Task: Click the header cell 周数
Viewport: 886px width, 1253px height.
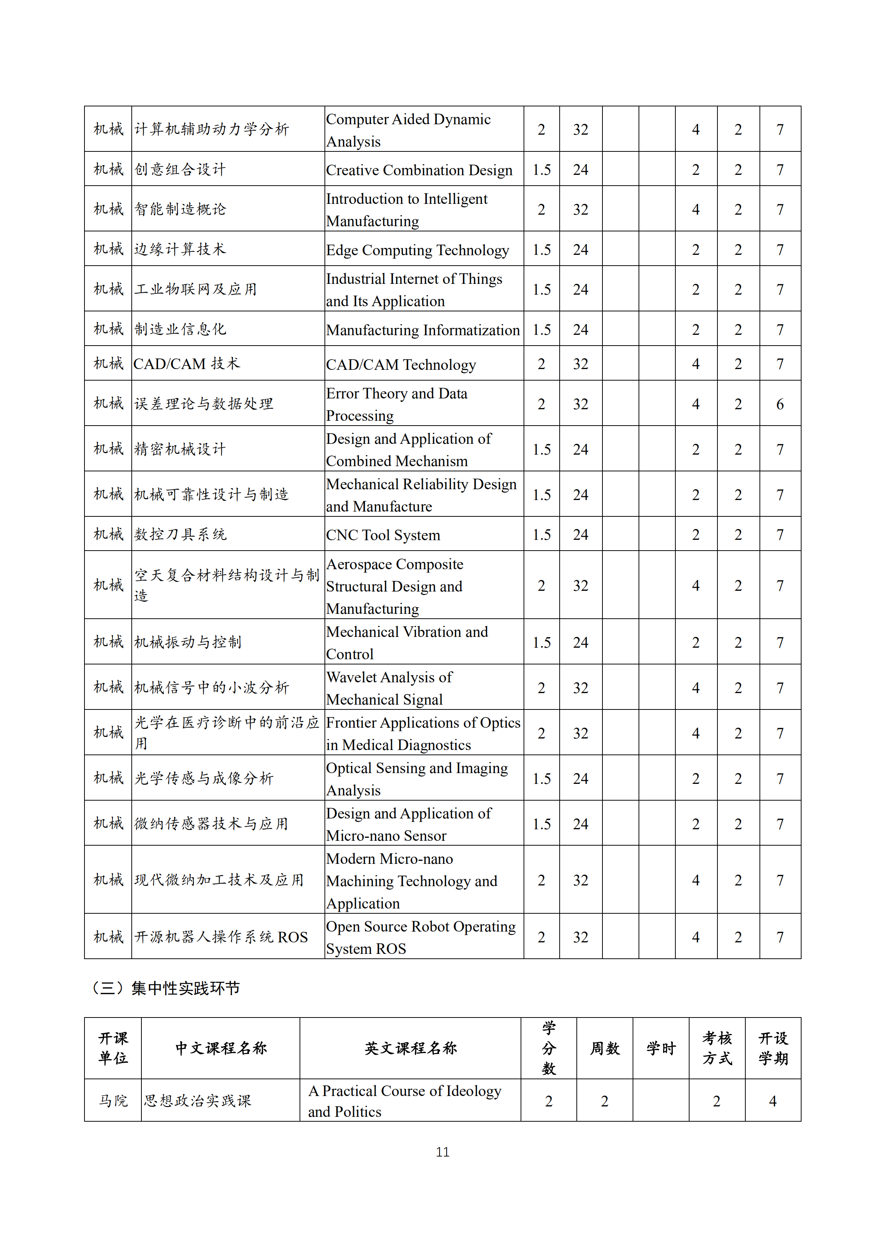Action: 605,1048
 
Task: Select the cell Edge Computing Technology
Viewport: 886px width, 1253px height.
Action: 417,250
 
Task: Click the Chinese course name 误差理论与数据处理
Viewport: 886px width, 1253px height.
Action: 204,404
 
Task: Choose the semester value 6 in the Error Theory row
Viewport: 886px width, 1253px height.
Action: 780,404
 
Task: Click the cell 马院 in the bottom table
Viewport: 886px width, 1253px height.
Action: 113,1101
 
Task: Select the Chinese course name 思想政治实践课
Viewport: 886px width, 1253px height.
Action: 198,1101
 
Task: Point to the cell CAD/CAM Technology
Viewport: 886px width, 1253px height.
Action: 401,365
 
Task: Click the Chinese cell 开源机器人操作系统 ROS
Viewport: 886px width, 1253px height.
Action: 221,937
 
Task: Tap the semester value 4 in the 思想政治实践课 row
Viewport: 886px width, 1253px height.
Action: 773,1101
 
